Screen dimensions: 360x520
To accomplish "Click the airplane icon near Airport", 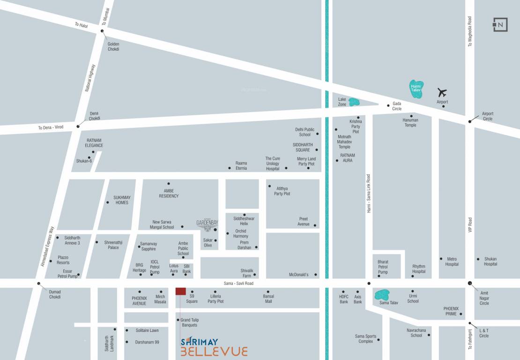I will pos(442,92).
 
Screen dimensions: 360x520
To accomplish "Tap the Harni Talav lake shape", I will pos(416,89).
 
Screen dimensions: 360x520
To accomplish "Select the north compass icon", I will pos(500,24).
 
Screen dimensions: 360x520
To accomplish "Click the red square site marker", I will pos(180,291).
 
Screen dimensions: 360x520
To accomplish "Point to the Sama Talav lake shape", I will pos(382,295).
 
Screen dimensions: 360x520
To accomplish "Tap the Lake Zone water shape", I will pos(354,102).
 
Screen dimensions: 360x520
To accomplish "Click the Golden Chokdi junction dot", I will pos(102,31).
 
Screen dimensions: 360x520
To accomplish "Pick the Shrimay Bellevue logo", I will pos(214,346).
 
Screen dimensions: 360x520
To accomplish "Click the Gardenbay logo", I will pos(207,225).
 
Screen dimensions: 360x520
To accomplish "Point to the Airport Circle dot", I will pos(470,121).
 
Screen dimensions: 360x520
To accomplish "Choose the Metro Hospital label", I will pos(452,262).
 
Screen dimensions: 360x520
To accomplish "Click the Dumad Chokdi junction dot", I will pos(39,283).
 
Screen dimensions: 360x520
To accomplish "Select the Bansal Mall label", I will pos(268,299).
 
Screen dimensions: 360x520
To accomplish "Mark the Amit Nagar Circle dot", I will pos(470,283).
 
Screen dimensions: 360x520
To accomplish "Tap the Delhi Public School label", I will pos(305,132).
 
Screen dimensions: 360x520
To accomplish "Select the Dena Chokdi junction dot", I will pos(78,126).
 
